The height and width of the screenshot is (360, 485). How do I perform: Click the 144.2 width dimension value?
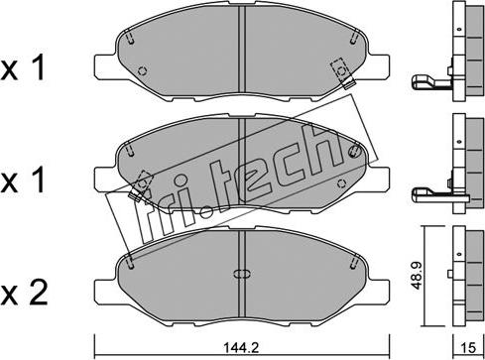pos(241,348)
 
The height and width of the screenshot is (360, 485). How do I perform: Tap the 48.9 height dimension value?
pos(419,276)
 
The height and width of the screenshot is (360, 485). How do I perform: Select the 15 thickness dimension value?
pos(468,348)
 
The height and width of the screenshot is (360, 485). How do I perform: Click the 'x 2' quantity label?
pos(24,293)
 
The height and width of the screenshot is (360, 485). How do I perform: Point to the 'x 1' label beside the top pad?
pos(23,68)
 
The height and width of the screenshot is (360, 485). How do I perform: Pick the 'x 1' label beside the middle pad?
pos(23,180)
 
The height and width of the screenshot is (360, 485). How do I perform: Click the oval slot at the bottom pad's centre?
pos(242,274)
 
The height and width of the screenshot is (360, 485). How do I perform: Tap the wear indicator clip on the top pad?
pos(343,73)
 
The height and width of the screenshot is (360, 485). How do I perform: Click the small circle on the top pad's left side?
pos(142,70)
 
